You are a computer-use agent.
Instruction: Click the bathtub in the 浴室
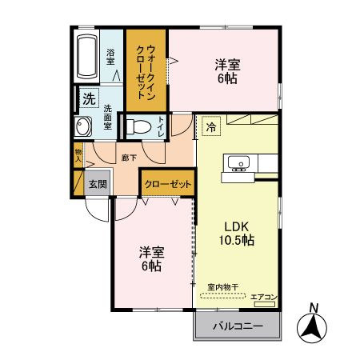click(87, 56)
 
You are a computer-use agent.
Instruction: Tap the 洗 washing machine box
click(87, 98)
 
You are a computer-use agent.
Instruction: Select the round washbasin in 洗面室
click(82, 127)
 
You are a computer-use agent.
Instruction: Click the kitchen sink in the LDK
click(238, 164)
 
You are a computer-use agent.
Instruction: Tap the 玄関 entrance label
click(98, 183)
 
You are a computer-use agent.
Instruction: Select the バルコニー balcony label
click(238, 326)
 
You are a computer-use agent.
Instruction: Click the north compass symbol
click(314, 328)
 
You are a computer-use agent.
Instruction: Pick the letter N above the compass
click(314, 307)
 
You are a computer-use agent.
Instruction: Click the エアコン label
click(263, 298)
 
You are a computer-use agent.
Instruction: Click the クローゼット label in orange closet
click(168, 184)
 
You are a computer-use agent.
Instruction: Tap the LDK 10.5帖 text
click(238, 233)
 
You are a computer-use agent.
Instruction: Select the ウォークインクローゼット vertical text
click(146, 70)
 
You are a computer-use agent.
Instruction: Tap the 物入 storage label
click(78, 155)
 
